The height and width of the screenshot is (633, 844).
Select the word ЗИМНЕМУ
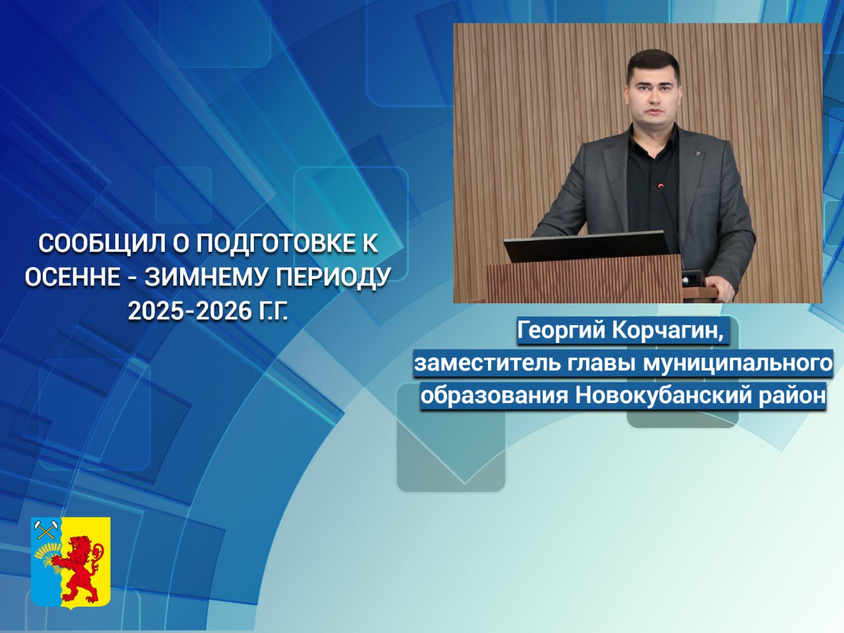click(x=205, y=277)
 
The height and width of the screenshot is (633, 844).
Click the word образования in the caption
click(x=494, y=396)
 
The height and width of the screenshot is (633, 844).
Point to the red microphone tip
click(x=661, y=186)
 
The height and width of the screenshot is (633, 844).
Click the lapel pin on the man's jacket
click(x=696, y=154)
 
